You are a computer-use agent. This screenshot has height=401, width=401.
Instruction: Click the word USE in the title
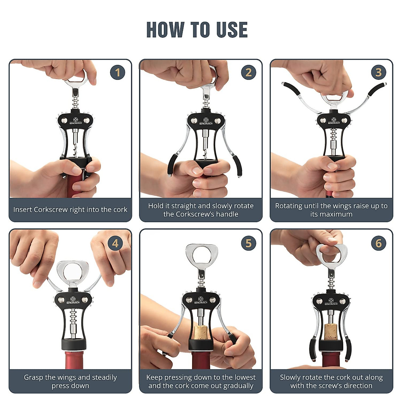pos(232,30)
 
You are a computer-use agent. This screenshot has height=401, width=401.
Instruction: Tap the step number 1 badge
pos(118,73)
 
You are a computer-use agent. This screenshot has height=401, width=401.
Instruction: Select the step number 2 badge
pos(248,73)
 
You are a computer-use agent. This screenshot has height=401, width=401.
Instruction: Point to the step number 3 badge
pos(379,73)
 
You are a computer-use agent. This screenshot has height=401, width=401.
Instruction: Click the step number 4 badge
pos(115,243)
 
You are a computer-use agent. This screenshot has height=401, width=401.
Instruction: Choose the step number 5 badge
pos(248,243)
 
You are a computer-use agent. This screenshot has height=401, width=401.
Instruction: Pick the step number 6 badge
pos(379,243)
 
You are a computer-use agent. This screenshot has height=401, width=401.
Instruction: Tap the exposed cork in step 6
pos(331,332)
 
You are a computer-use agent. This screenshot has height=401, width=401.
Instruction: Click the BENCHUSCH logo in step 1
pos(76,121)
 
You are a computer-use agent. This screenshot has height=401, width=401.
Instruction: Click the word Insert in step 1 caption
pos(22,210)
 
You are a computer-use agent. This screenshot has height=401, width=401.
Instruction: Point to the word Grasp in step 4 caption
pos(33,377)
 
